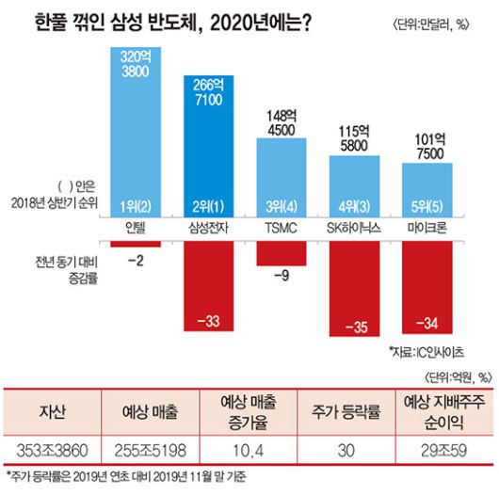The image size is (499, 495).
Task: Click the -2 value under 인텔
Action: tap(136, 259)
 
